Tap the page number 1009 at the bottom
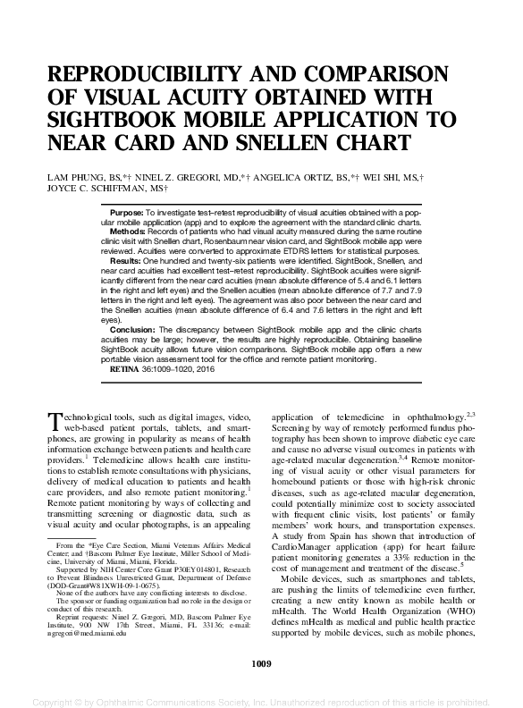click(262, 664)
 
